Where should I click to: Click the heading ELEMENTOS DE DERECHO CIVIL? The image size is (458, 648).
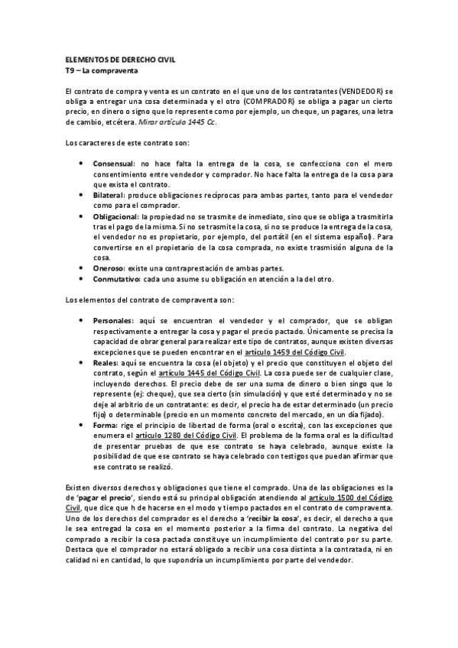point(110,60)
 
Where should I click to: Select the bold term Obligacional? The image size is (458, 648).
point(115,216)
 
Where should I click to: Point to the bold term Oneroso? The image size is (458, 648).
point(109,268)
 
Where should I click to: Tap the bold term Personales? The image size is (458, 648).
point(112,320)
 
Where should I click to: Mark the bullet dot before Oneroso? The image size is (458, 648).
point(82,268)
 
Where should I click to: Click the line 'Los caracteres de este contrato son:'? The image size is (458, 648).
point(118,144)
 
